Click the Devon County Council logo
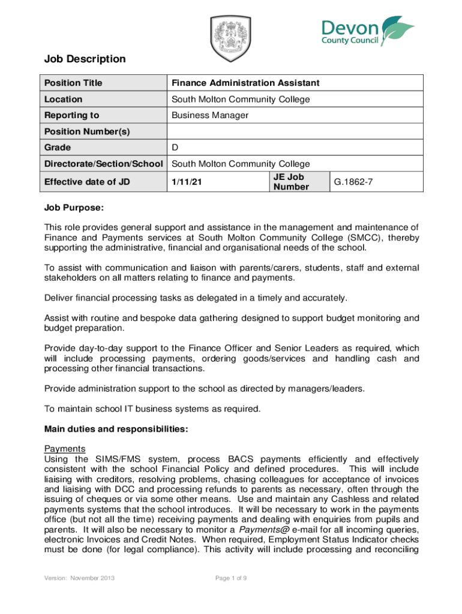pyautogui.click(x=368, y=32)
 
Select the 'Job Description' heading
pyautogui.click(x=85, y=59)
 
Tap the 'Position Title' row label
pyautogui.click(x=73, y=83)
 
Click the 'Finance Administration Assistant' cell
pyautogui.click(x=245, y=83)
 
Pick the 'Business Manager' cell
pyautogui.click(x=210, y=115)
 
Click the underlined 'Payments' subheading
pyautogui.click(x=65, y=449)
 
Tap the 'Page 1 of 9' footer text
pyautogui.click(x=231, y=578)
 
